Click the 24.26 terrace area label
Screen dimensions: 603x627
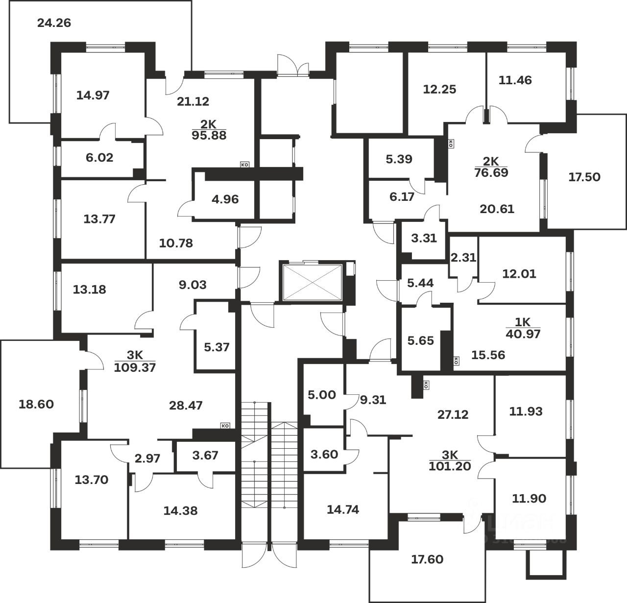point(54,23)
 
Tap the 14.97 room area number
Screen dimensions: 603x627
point(93,95)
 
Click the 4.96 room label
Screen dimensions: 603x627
point(225,199)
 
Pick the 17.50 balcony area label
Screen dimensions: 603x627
point(584,177)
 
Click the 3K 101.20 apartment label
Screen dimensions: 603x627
point(450,461)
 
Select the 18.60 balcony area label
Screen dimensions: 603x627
point(36,405)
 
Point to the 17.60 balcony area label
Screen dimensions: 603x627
point(427,559)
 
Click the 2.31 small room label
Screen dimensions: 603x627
point(463,257)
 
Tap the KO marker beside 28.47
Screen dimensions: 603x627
point(225,426)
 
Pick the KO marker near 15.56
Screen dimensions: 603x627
point(457,361)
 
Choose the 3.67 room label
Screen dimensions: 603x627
point(205,455)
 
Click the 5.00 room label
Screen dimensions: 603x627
point(322,395)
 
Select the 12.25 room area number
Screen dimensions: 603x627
point(439,89)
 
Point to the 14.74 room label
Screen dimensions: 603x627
point(342,509)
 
